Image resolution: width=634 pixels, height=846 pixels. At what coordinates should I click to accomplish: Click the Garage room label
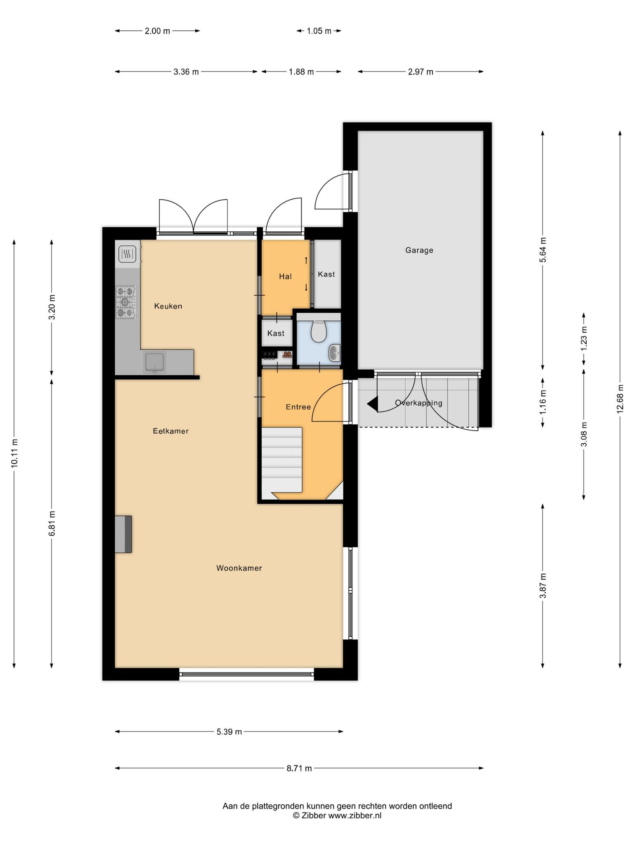click(x=419, y=250)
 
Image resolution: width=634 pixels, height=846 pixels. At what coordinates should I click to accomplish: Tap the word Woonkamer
click(x=239, y=568)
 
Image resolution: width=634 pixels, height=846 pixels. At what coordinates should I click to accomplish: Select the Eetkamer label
click(x=170, y=431)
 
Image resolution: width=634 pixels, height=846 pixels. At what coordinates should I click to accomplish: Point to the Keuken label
click(x=168, y=306)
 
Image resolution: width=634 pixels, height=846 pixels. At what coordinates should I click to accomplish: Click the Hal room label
click(x=285, y=276)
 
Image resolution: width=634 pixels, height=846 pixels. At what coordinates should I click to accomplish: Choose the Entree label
click(x=298, y=407)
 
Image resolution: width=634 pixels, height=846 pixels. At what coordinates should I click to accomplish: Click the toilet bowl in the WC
click(x=319, y=330)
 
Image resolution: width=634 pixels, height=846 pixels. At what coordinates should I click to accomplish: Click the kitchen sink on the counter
click(x=155, y=362)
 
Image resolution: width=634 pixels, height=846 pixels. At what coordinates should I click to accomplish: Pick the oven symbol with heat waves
click(x=127, y=254)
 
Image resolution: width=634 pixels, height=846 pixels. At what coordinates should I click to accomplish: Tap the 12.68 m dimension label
click(x=620, y=399)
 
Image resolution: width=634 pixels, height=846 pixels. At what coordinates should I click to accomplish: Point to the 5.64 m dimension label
click(x=543, y=250)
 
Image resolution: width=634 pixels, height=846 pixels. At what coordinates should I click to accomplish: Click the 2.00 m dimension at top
click(x=157, y=31)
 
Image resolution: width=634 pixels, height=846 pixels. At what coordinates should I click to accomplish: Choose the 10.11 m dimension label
click(x=14, y=453)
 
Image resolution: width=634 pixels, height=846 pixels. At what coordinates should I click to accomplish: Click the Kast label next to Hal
click(x=326, y=274)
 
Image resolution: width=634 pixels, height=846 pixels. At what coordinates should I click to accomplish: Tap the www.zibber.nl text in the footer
click(x=355, y=815)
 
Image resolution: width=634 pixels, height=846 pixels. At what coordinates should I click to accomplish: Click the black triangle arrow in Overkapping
click(x=372, y=404)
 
